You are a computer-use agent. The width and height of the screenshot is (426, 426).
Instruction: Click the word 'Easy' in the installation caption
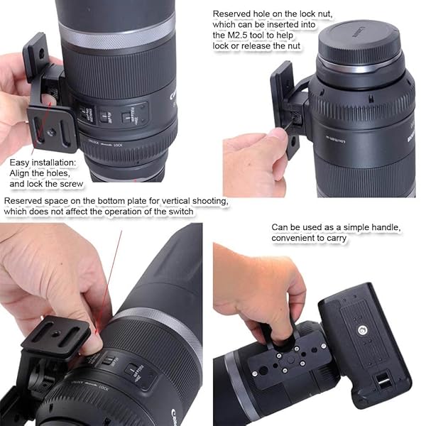[21, 161]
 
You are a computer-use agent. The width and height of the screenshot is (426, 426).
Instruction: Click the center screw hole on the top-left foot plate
[52, 132]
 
